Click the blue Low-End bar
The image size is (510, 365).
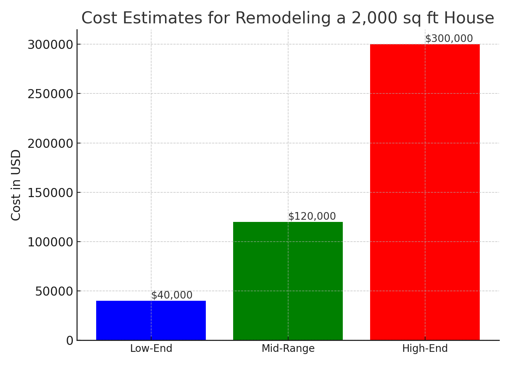[x=151, y=320]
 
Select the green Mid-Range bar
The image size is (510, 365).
[x=288, y=281]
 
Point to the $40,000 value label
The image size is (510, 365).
[x=172, y=295]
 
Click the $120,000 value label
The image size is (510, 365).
[x=312, y=216]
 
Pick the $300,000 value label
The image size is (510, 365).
[x=449, y=39]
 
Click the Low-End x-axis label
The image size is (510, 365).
[x=151, y=349]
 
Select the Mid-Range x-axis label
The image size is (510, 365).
[x=288, y=349]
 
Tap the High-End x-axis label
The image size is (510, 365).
[x=425, y=349]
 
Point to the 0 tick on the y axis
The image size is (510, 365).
[x=70, y=341]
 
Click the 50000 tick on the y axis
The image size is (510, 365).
[x=54, y=291]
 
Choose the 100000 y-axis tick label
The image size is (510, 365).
[x=51, y=242]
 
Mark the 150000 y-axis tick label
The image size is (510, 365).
[x=51, y=193]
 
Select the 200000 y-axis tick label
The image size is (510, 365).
[x=51, y=143]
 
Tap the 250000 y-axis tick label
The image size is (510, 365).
[x=51, y=94]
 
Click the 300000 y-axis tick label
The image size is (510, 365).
[x=51, y=45]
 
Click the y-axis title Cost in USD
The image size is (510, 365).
[x=16, y=185]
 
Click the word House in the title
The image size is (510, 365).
[x=472, y=18]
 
